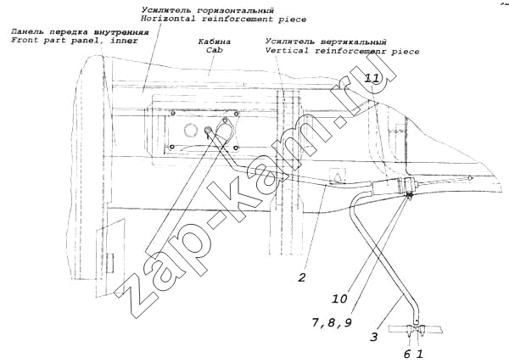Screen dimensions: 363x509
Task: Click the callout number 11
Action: (x=372, y=78)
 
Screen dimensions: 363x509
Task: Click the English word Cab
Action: (x=213, y=50)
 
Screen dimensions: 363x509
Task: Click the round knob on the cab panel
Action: (x=207, y=130)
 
